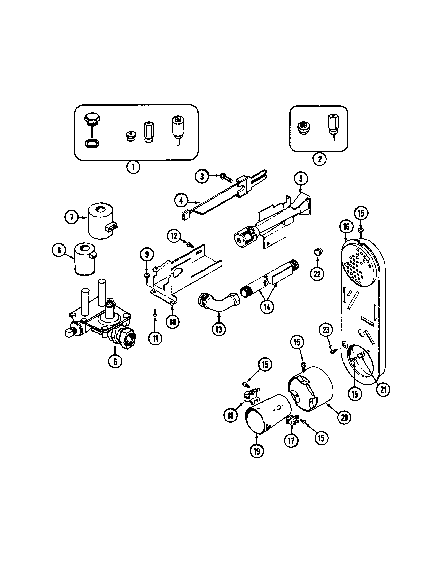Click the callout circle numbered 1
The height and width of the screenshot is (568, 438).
pyautogui.click(x=133, y=167)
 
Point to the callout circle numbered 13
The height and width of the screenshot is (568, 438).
pyautogui.click(x=219, y=329)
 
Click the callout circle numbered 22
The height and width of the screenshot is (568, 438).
pyautogui.click(x=317, y=274)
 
